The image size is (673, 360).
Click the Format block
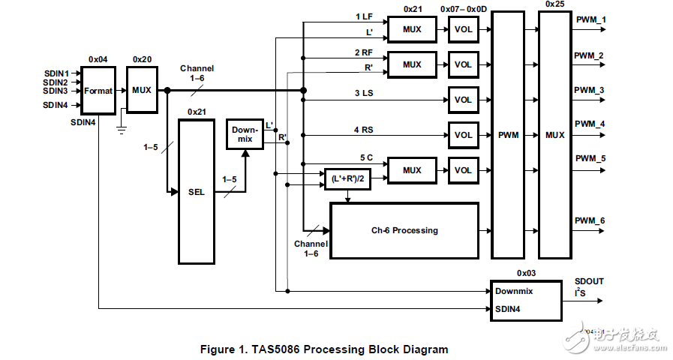point(98,91)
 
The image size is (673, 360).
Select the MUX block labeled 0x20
point(141,91)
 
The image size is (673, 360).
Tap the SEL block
point(196,192)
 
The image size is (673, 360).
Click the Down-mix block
point(245,134)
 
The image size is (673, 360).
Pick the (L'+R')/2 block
point(347,178)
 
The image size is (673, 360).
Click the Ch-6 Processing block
point(404,231)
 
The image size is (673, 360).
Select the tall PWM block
point(508,136)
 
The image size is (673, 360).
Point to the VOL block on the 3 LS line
point(463,100)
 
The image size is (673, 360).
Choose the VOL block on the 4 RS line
point(463,136)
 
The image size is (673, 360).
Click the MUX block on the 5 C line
point(411,170)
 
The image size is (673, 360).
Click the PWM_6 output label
point(589,220)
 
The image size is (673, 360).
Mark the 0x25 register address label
point(555,4)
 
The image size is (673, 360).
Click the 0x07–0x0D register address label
point(464,9)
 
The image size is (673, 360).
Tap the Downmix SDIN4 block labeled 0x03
point(526,301)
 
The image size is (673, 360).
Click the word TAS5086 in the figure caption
point(279,349)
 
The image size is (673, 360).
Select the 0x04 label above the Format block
point(98,58)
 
